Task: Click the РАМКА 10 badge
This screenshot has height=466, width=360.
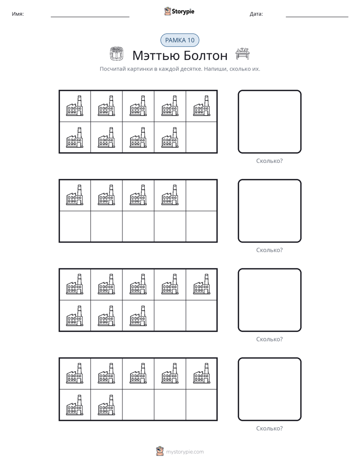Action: point(179,40)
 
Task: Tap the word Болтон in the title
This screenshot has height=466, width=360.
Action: point(205,55)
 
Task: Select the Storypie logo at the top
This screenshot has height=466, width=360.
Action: point(179,11)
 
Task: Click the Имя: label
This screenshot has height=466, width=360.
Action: point(18,14)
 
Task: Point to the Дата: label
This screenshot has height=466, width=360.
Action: point(256,14)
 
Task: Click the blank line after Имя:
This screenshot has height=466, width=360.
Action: point(90,17)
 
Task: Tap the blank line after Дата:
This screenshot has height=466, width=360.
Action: point(317,17)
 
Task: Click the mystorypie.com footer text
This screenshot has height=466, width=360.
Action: point(185,452)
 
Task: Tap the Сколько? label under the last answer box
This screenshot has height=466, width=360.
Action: point(269,428)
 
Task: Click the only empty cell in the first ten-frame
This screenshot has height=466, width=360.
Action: point(201,137)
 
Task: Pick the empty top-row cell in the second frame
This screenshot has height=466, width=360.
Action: point(201,195)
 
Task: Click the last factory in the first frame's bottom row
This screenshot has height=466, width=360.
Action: point(170,137)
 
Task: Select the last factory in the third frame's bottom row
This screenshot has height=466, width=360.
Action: point(138,316)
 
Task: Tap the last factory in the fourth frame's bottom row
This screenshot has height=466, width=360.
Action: point(106,405)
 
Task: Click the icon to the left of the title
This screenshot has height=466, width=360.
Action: point(116,54)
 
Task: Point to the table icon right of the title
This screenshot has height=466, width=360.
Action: point(243,53)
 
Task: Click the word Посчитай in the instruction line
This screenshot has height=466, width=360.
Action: point(112,69)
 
